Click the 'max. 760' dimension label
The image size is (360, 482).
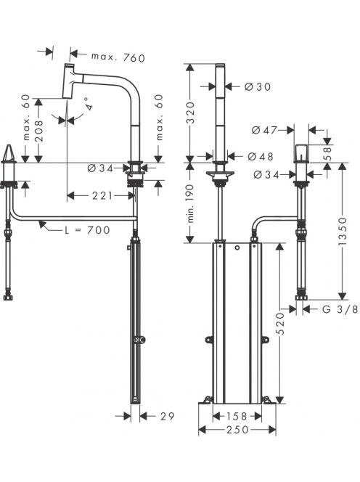[118, 57]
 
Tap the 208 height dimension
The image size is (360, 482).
[39, 131]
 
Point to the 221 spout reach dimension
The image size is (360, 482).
[102, 195]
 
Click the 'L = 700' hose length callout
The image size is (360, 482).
[87, 230]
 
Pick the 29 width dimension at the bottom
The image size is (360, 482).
[167, 416]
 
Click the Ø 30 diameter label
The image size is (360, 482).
[258, 86]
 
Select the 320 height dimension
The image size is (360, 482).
[191, 113]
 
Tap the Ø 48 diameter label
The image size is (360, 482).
[260, 157]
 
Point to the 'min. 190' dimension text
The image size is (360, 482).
[191, 203]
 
